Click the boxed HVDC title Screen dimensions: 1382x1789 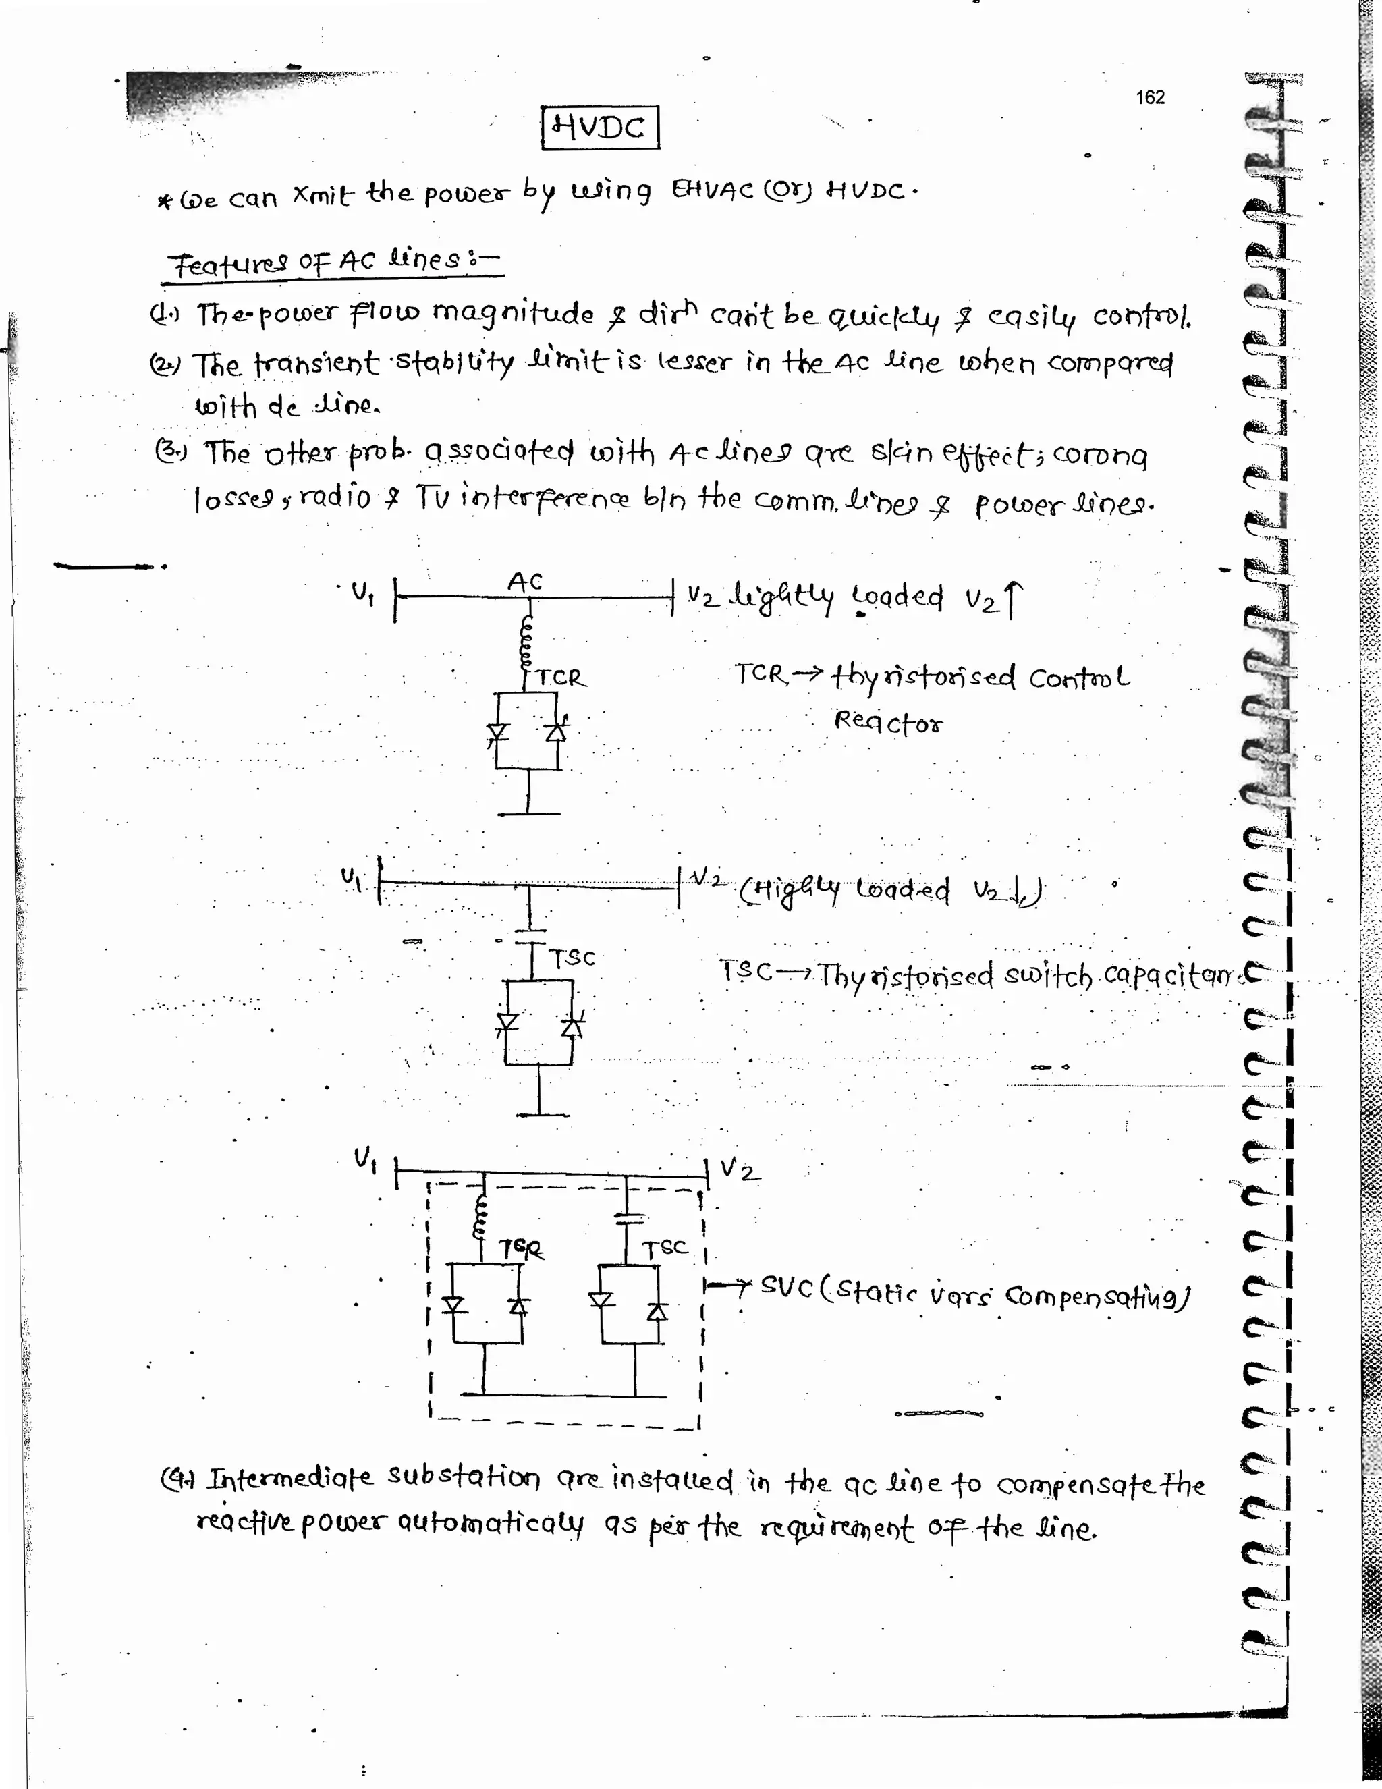pos(600,127)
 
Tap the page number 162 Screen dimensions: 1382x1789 pos(1149,97)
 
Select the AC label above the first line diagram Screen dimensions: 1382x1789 pos(525,582)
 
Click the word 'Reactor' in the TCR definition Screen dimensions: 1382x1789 pos(888,721)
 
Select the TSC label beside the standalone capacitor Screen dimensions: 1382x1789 pos(572,958)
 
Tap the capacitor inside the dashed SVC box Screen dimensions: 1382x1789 pos(628,1217)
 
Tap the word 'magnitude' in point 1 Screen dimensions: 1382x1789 pos(513,313)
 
